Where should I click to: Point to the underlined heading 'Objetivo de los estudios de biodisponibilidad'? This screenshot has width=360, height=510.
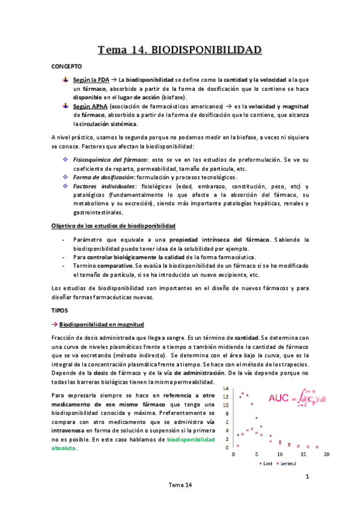(x=114, y=225)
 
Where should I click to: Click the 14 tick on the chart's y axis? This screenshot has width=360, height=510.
(x=227, y=389)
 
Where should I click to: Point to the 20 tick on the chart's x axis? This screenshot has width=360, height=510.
(x=327, y=455)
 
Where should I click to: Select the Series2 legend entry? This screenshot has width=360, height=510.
(x=287, y=464)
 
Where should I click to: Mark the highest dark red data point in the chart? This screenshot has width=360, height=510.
(x=247, y=394)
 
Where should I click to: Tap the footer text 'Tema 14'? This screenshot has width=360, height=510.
(x=180, y=485)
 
